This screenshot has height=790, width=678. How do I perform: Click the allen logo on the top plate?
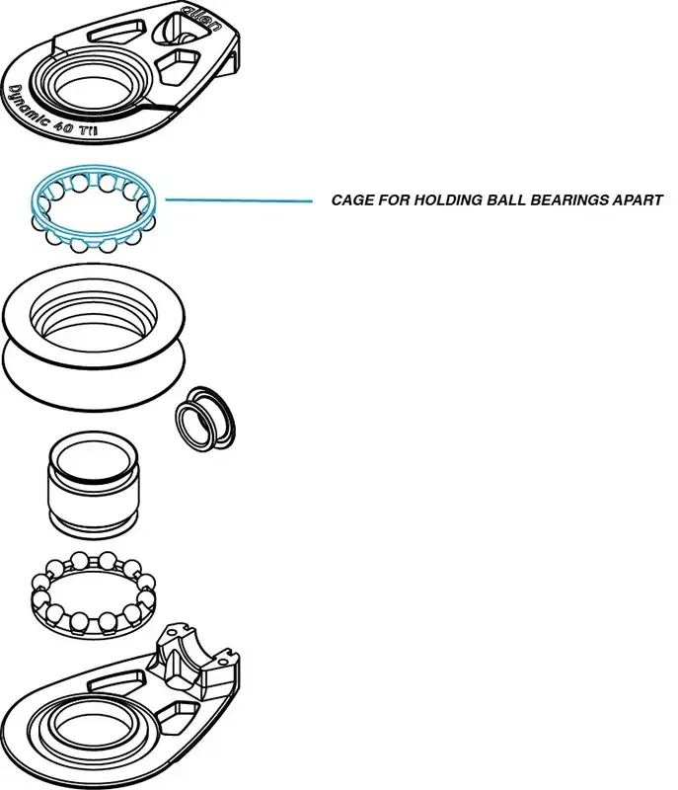(x=201, y=16)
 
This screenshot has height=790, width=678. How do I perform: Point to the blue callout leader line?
(x=237, y=200)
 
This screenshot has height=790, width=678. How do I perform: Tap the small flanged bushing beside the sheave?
(x=205, y=418)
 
